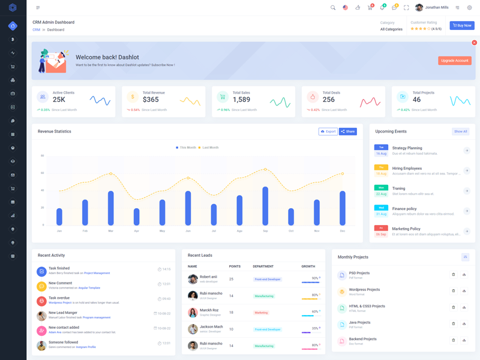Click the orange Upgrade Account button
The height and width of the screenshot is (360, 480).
[x=454, y=61]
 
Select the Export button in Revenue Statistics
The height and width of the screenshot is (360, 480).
[x=328, y=131]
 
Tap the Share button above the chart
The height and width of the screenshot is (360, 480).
[x=348, y=131]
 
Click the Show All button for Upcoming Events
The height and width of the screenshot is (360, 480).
[x=460, y=131]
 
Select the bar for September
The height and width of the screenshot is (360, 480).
[x=265, y=206]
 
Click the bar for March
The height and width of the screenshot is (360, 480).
[x=111, y=208]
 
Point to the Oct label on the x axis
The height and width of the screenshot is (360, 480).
[x=291, y=231]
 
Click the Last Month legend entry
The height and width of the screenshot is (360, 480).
[x=208, y=148]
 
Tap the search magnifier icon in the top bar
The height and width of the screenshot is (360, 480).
[x=333, y=8]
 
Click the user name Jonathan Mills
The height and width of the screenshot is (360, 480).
[x=437, y=8]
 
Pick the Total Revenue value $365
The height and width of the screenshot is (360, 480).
[x=151, y=100]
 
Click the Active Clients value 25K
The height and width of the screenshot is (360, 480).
[x=59, y=100]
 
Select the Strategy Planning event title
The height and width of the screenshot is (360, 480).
[x=407, y=148]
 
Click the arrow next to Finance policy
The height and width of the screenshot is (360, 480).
[x=467, y=211]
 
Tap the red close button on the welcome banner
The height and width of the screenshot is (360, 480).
[x=474, y=43]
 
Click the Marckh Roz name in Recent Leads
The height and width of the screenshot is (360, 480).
[x=209, y=310]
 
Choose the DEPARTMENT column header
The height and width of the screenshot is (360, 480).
[x=263, y=266]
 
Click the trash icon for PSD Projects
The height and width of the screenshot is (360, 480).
[x=453, y=275]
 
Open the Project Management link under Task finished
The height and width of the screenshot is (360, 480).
[x=97, y=273]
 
